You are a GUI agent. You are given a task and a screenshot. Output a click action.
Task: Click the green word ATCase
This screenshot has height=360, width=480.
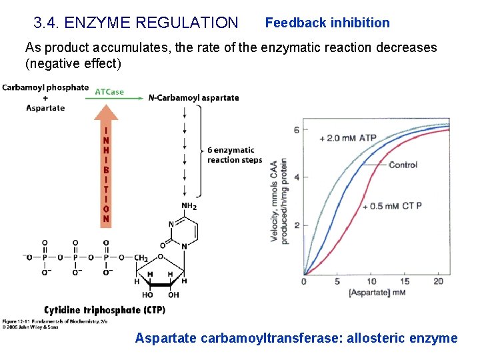pyautogui.click(x=109, y=92)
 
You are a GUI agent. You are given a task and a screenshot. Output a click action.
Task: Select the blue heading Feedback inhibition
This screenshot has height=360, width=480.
pyautogui.click(x=327, y=23)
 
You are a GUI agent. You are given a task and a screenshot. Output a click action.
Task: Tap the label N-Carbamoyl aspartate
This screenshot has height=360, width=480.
pyautogui.click(x=193, y=98)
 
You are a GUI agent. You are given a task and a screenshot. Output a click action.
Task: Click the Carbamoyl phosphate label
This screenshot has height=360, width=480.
pyautogui.click(x=45, y=87)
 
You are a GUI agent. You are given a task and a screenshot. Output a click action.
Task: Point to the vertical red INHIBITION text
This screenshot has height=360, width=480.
pyautogui.click(x=106, y=170)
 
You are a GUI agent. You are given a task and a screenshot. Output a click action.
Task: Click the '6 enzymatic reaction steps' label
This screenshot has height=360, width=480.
pyautogui.click(x=234, y=155)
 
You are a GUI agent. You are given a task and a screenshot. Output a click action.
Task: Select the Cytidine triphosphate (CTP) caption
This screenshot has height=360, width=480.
pyautogui.click(x=105, y=310)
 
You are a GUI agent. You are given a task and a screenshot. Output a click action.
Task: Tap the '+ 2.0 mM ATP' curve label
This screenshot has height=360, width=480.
pyautogui.click(x=348, y=138)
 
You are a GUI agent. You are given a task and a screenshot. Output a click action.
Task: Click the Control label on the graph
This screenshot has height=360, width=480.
pyautogui.click(x=403, y=165)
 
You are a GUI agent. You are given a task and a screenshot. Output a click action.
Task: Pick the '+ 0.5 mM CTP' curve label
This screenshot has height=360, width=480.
pyautogui.click(x=391, y=206)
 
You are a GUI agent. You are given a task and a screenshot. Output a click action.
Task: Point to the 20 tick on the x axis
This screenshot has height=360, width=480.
pyautogui.click(x=438, y=281)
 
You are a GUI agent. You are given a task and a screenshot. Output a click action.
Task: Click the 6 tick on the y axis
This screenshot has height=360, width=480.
pyautogui.click(x=305, y=129)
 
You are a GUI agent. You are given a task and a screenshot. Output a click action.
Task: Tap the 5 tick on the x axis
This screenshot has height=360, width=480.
pyautogui.click(x=337, y=281)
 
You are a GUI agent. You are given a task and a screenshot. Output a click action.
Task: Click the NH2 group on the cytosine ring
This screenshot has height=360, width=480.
pyautogui.click(x=189, y=206)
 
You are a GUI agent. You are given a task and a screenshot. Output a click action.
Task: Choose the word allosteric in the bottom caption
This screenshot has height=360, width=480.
pyautogui.click(x=375, y=338)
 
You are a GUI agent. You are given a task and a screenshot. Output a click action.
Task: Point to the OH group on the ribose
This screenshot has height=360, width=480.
pyautogui.click(x=173, y=295)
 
